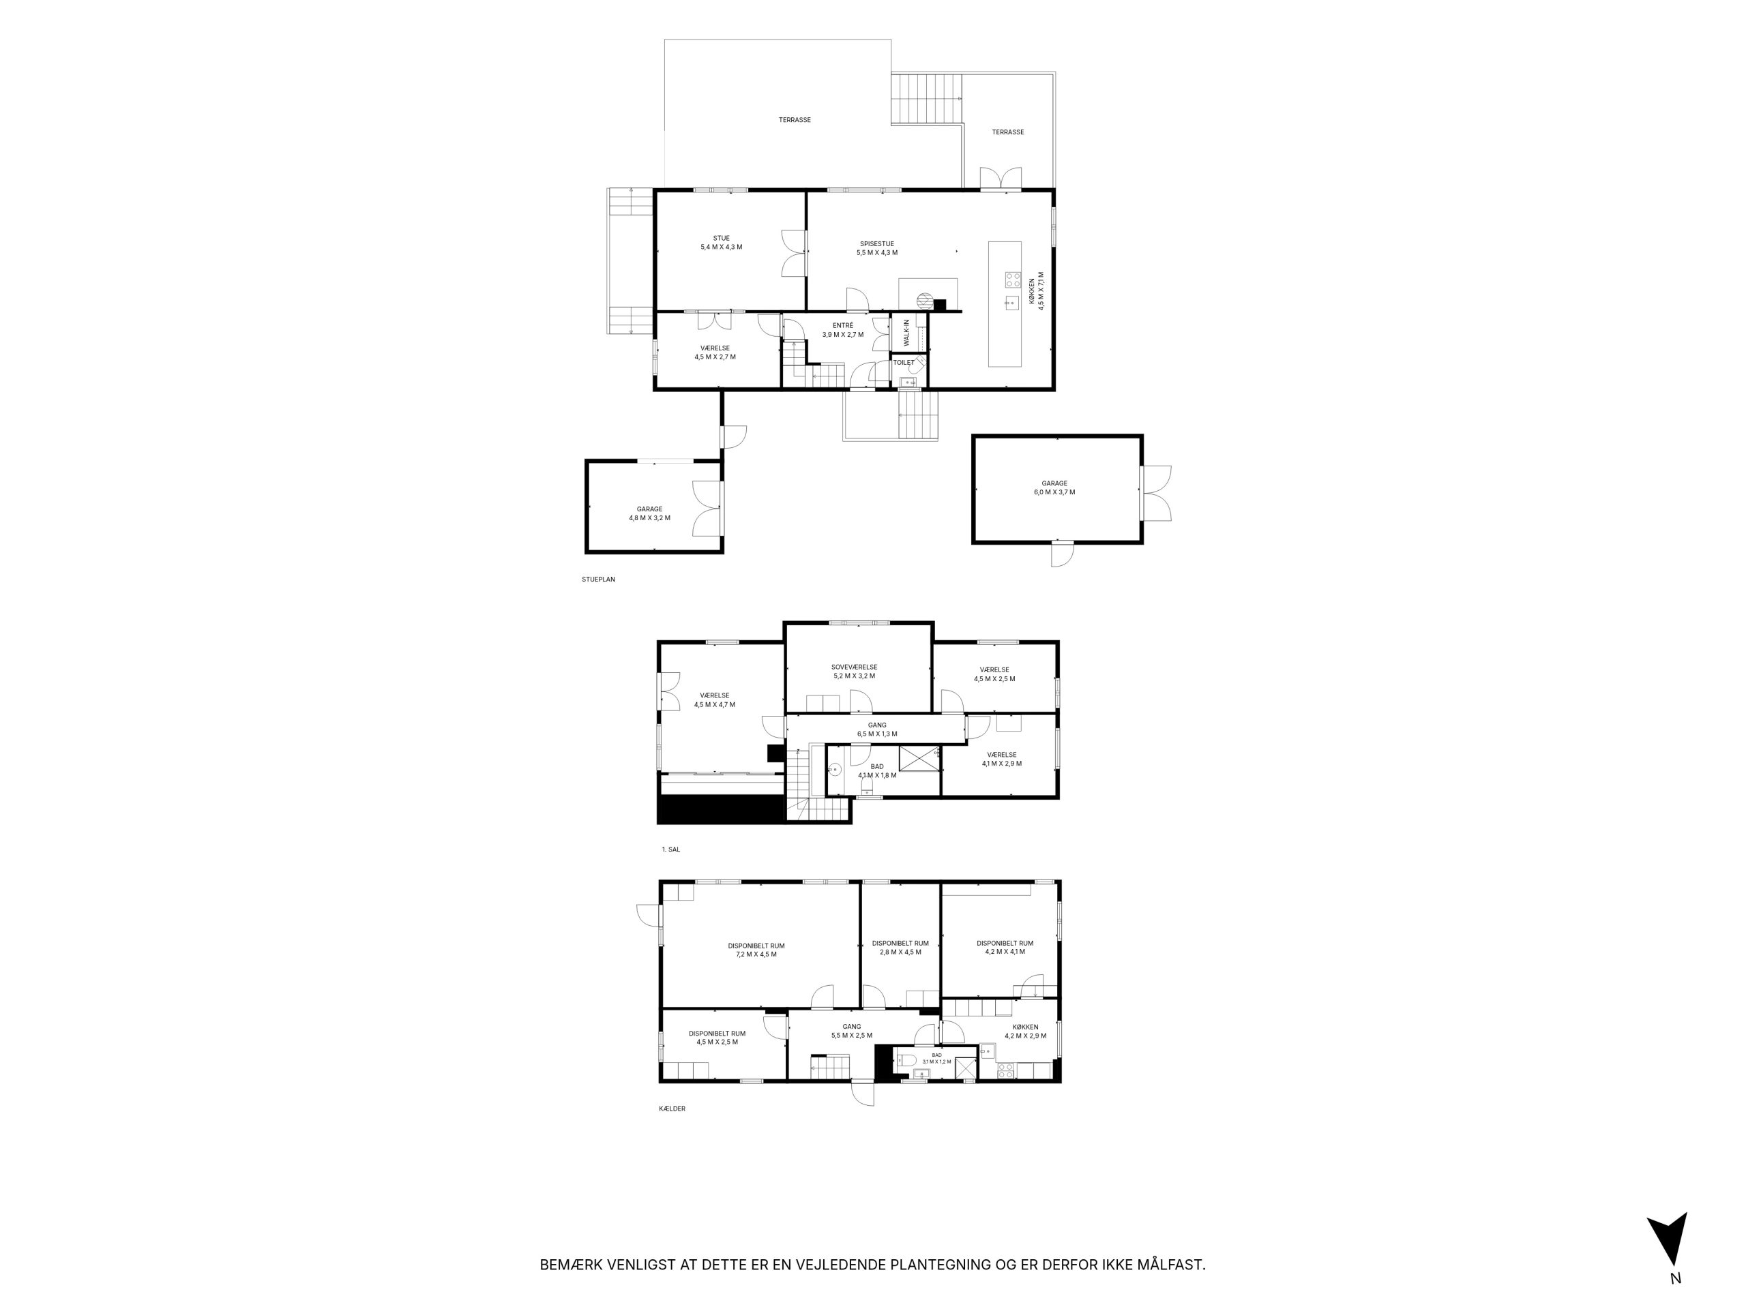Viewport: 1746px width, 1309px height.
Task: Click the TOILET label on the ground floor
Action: (904, 363)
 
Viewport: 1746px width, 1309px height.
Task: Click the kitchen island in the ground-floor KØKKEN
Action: (1005, 304)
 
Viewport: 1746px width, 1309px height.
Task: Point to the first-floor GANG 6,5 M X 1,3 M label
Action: (877, 729)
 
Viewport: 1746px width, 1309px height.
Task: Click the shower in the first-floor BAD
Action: (919, 757)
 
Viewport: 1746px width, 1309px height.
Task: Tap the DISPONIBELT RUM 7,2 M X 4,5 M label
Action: (756, 950)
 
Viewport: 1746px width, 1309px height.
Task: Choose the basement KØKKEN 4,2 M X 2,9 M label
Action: (1025, 1032)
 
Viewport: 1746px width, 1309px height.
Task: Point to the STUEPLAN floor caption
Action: (598, 579)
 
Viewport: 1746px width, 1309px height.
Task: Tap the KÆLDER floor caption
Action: (672, 1109)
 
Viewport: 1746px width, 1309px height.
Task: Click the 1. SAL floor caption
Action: (671, 849)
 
